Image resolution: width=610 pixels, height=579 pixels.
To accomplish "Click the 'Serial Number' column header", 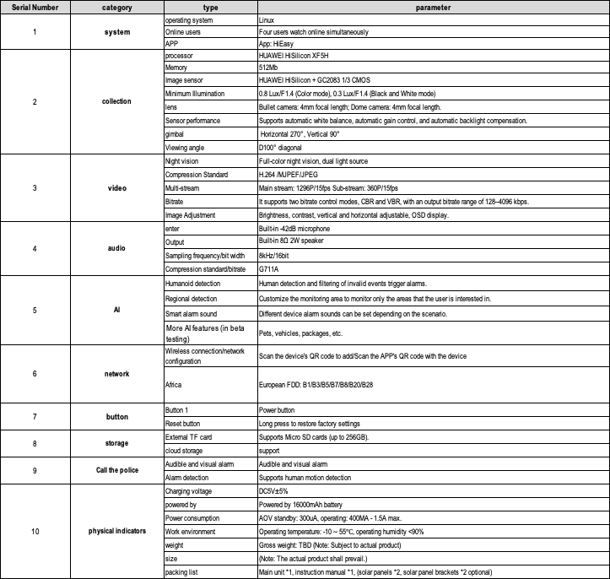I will click(35, 8).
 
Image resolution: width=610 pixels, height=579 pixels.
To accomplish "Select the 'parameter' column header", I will click(432, 8).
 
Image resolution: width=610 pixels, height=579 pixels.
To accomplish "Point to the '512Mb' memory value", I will click(269, 67).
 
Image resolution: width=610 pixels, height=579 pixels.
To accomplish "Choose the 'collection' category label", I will click(116, 101).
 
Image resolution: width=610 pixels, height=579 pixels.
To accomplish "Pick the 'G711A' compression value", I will click(270, 269).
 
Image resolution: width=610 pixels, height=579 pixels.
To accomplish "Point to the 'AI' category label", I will click(116, 310).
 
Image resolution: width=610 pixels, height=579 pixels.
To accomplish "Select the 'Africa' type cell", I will click(175, 384).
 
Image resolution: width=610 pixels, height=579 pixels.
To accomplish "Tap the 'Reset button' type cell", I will click(186, 423).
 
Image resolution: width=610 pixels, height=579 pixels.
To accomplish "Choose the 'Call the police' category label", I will click(116, 470).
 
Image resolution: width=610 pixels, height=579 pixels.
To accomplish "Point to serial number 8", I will click(35, 443).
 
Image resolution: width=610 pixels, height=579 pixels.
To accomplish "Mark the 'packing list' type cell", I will click(183, 572).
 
